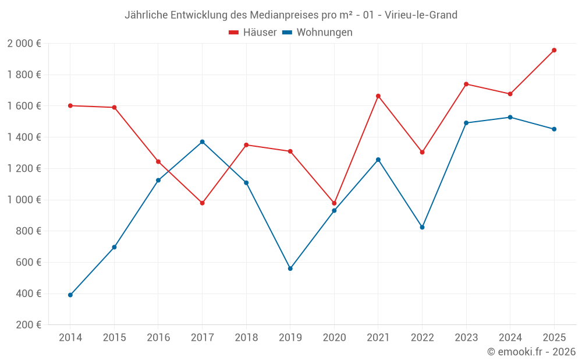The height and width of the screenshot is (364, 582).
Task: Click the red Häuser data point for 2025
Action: [554, 50]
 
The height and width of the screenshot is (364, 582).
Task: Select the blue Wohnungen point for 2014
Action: [70, 295]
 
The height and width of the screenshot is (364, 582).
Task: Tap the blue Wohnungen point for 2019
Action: [290, 268]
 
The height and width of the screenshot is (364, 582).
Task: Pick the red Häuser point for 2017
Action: [202, 203]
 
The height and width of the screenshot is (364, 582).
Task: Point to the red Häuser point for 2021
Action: [378, 96]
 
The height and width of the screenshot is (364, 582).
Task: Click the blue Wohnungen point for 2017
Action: [202, 142]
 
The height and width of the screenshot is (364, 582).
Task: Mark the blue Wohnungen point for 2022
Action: [422, 227]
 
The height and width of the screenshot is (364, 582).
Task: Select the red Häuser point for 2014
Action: [70, 105]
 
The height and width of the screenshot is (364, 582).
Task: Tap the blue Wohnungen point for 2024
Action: [510, 117]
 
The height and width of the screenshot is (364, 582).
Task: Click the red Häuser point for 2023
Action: [466, 84]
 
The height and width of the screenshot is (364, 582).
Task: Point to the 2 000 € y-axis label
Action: [24, 44]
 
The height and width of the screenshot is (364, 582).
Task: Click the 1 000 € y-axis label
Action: [24, 200]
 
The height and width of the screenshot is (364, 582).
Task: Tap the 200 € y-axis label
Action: [29, 325]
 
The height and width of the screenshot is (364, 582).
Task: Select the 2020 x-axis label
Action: [334, 338]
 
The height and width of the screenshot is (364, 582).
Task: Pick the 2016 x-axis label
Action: [158, 338]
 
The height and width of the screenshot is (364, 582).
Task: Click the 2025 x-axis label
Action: [554, 338]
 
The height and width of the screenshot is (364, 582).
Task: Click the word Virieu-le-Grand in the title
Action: [421, 15]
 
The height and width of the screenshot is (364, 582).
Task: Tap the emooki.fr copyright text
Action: [531, 352]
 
